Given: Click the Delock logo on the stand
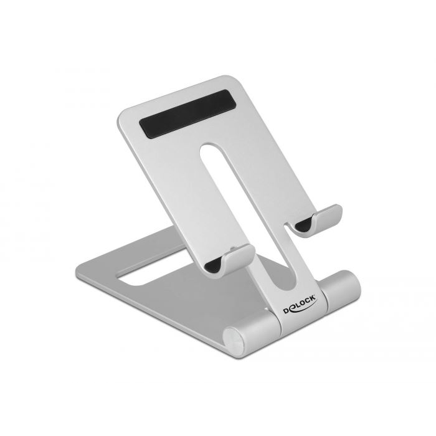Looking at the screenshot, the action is (x=300, y=305).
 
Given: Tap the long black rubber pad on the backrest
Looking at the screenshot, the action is (x=187, y=114).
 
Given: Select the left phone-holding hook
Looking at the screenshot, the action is (x=230, y=259).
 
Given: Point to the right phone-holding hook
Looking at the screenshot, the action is (x=315, y=220).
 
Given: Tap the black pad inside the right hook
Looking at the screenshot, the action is (x=304, y=224).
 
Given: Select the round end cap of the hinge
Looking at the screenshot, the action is (x=234, y=339).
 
